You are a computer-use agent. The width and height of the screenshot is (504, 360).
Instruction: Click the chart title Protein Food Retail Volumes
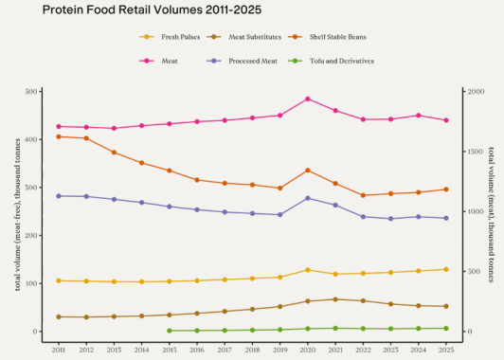[137, 10]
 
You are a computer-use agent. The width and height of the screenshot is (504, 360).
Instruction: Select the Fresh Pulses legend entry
[175, 37]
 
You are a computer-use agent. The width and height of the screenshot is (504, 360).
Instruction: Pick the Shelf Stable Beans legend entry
[340, 37]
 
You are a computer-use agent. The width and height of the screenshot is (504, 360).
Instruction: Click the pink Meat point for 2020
[308, 99]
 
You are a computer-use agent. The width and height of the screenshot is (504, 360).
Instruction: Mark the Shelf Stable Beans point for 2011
[59, 136]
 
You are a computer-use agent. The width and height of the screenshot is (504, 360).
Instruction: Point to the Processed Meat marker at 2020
[308, 198]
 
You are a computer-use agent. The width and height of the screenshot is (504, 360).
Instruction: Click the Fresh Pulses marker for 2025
[446, 269]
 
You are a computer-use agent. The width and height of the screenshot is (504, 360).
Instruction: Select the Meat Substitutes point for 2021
[335, 299]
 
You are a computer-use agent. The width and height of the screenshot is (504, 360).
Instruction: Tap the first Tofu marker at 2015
[170, 331]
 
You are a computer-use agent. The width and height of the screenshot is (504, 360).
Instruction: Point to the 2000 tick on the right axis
[476, 92]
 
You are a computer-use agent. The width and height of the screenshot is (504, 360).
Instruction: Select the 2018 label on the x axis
[252, 350]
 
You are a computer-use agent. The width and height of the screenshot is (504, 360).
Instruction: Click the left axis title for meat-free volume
[18, 210]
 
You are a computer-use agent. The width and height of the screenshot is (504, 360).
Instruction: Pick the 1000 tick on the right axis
[476, 211]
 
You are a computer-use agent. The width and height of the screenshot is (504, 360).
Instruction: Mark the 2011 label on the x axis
[59, 350]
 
